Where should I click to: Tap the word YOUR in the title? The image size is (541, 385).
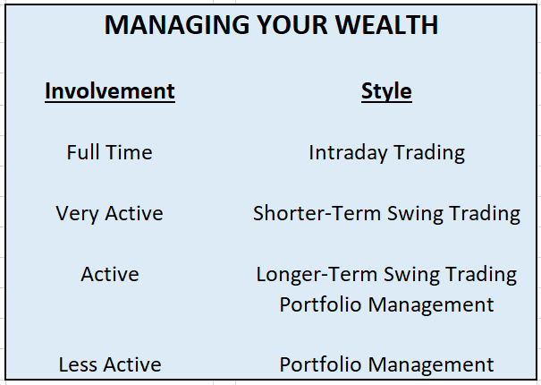(x=292, y=25)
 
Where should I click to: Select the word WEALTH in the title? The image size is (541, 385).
(x=386, y=25)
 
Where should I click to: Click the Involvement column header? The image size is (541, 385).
(x=110, y=91)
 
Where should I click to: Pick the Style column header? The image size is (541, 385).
(x=386, y=92)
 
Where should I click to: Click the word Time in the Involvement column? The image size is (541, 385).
(x=129, y=152)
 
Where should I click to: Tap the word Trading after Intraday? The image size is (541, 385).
(x=429, y=153)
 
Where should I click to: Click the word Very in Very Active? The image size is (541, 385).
(x=77, y=214)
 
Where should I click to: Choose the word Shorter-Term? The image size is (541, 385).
(x=317, y=213)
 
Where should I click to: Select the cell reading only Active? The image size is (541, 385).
(x=110, y=274)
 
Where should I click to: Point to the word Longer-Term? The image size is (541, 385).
(x=317, y=275)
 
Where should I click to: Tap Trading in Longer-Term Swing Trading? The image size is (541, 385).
(x=481, y=275)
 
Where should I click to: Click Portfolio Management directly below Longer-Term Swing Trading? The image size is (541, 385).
(x=386, y=305)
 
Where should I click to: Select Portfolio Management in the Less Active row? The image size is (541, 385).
(x=386, y=365)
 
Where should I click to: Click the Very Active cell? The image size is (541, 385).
(x=109, y=214)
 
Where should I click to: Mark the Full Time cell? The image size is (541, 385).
(x=109, y=152)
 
